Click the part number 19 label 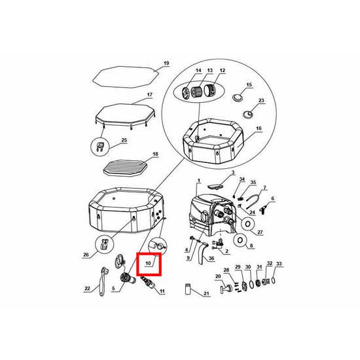166,63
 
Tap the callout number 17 150,95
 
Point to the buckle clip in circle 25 100,147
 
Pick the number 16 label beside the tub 259,128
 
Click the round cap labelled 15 236,97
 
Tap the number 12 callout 223,71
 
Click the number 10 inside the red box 148,263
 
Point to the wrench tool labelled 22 103,281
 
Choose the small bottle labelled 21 188,289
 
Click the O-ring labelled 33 273,280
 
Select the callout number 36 211,259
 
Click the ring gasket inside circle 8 240,240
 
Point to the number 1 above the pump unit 199,181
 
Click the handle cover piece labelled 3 215,185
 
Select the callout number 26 86,255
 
